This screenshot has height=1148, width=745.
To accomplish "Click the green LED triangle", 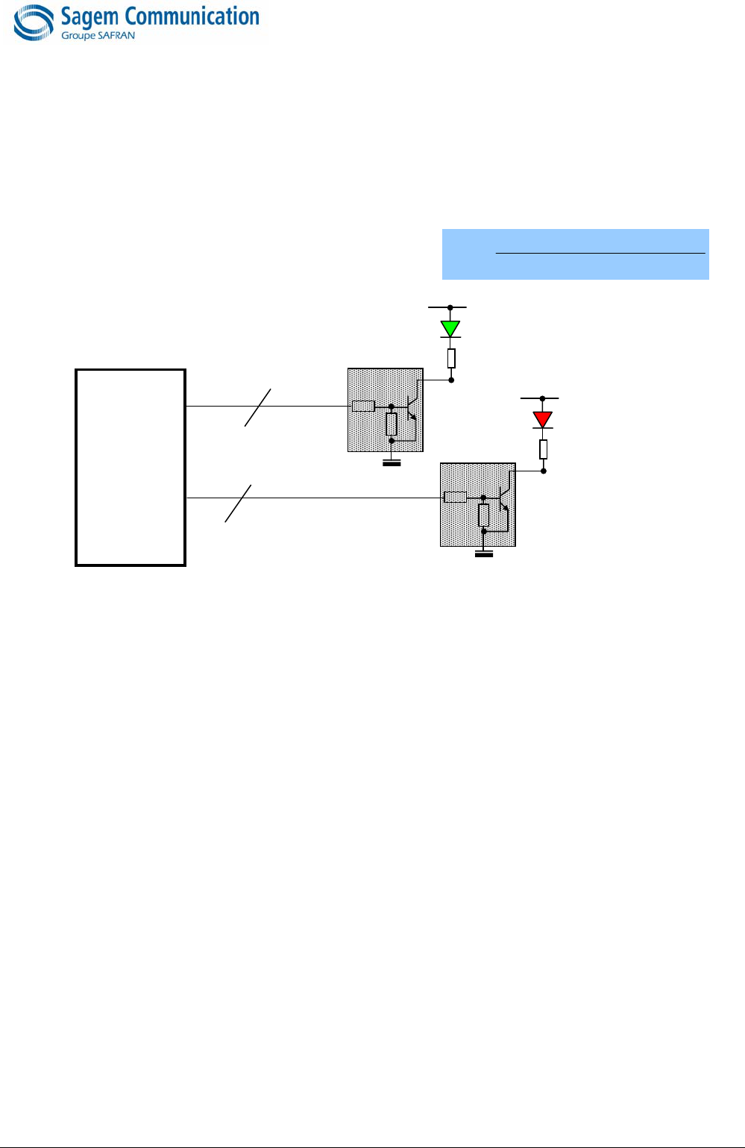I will click(x=450, y=328).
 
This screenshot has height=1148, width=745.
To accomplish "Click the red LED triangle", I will click(x=543, y=419).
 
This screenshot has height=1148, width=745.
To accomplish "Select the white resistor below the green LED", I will click(x=451, y=359).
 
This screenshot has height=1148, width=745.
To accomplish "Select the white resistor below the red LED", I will click(x=544, y=449).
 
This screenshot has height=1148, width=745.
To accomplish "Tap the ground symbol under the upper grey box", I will click(x=392, y=463).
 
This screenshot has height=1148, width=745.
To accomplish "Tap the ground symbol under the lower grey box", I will click(x=484, y=553).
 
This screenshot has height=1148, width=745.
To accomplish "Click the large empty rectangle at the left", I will click(x=131, y=467).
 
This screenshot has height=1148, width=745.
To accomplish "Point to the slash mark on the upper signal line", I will click(x=257, y=407).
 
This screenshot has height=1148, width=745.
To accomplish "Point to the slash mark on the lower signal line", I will click(x=238, y=504).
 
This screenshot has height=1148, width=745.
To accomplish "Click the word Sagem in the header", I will click(x=90, y=16).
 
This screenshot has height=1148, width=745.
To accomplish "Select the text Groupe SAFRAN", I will click(x=98, y=36).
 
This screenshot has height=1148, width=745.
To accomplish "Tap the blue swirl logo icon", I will click(x=34, y=22).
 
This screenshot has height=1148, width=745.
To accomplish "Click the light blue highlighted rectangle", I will click(x=575, y=254).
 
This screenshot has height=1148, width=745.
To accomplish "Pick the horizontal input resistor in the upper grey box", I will click(x=363, y=407).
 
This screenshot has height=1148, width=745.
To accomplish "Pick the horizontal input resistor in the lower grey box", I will click(x=455, y=498).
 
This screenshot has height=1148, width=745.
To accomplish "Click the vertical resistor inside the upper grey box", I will click(x=392, y=424).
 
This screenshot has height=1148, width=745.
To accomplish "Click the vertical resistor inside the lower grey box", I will click(x=484, y=515).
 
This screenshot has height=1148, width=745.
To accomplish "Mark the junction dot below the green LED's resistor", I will click(x=451, y=380).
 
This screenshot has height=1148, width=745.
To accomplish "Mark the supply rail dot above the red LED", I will click(x=543, y=399).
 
